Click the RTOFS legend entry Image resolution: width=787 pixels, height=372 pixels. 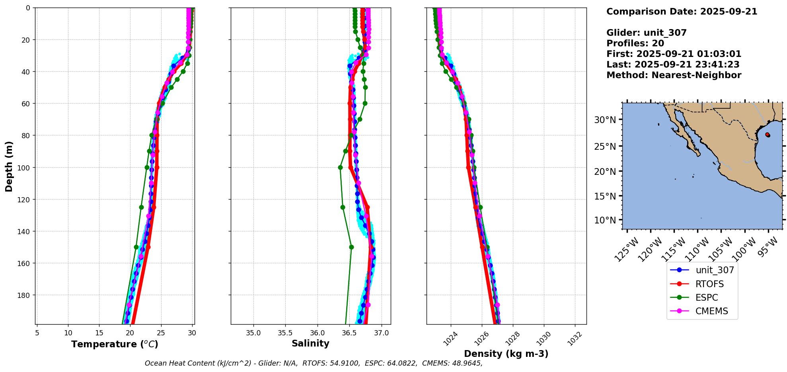pos(709,284)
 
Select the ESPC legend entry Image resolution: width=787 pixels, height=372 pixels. pos(707,298)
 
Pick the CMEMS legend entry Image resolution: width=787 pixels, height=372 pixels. pos(711,311)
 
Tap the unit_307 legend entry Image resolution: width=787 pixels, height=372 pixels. pos(715,270)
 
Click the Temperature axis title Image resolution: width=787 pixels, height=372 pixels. pos(115,344)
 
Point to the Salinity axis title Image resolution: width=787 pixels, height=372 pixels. pos(310,343)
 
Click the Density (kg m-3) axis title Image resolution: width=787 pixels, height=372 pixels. pos(506,354)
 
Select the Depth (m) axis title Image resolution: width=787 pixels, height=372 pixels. pos(9,166)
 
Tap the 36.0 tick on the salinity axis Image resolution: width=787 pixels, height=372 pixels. pos(317,333)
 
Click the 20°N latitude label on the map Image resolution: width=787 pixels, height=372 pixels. pos(605,172)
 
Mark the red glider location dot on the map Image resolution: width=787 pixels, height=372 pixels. pos(767,135)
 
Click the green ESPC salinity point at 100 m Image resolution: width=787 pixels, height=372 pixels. pos(340,167)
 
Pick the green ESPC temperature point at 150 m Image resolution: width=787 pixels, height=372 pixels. pos(136,247)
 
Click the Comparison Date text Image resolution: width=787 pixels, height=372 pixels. pos(682,12)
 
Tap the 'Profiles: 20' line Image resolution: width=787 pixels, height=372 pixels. pos(635,43)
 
